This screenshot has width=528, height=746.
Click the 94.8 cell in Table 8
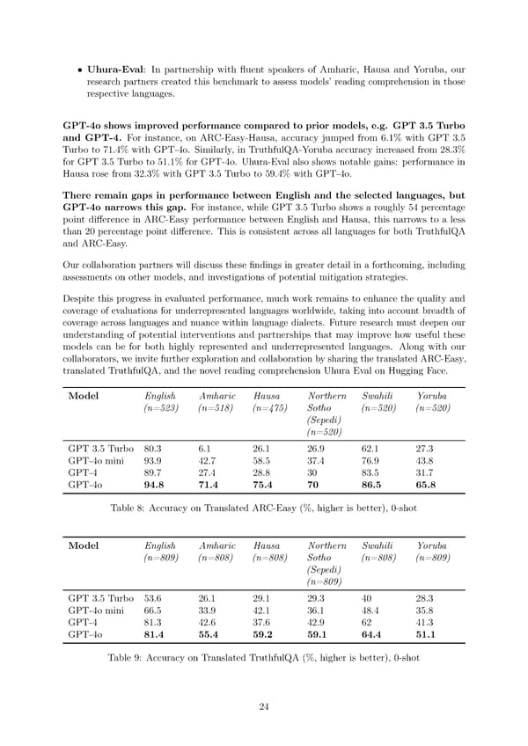(x=156, y=484)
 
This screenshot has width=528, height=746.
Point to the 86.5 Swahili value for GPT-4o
(x=372, y=484)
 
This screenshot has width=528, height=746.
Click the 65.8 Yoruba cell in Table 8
(x=427, y=484)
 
